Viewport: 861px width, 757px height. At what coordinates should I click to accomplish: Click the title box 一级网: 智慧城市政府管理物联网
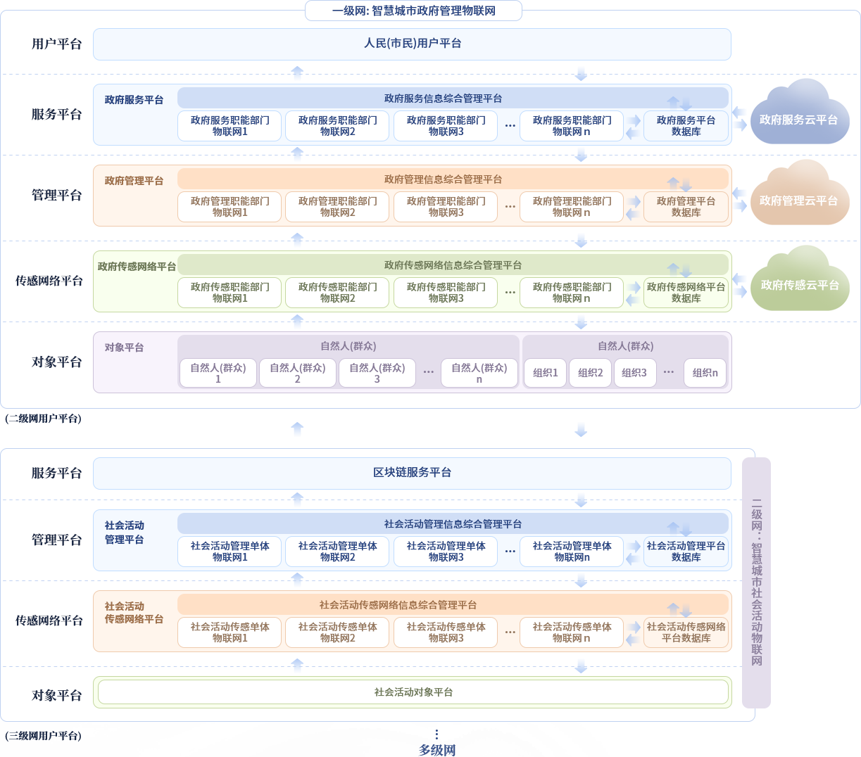tap(413, 11)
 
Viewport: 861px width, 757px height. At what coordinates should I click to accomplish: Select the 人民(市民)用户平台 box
tap(412, 44)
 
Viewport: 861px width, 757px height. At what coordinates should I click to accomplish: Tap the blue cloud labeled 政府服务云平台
tap(799, 120)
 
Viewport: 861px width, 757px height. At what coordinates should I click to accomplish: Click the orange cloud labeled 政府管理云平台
tap(799, 201)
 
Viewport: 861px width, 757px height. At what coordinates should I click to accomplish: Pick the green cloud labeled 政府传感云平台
tap(800, 285)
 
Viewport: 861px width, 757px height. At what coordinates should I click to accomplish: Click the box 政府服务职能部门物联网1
tap(230, 126)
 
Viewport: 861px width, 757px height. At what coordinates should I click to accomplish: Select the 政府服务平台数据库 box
tap(686, 126)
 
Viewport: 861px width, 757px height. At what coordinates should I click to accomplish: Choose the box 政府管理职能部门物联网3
tap(446, 207)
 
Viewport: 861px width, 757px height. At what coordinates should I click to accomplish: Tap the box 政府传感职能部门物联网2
tap(337, 293)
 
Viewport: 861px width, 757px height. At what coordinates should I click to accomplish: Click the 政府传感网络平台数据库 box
tap(686, 293)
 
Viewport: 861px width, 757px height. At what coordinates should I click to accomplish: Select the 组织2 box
tap(590, 373)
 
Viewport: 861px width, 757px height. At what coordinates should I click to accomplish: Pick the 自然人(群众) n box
tap(479, 373)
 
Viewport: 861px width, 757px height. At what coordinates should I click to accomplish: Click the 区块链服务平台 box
tap(412, 473)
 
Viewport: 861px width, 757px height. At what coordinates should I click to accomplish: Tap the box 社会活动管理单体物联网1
tap(230, 552)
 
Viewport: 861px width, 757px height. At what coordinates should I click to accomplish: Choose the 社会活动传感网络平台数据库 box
tap(686, 632)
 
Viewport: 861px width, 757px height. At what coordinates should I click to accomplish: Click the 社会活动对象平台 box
tap(413, 692)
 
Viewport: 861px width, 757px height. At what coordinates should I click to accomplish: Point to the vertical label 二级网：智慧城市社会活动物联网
tap(757, 583)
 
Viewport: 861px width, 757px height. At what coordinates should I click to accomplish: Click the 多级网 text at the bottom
tap(437, 750)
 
